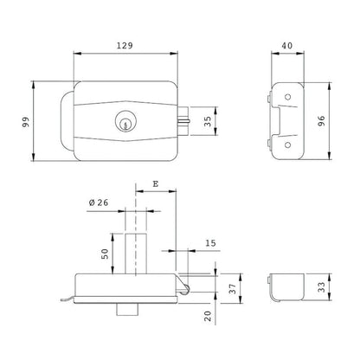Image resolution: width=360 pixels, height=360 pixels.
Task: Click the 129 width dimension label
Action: coord(125,46)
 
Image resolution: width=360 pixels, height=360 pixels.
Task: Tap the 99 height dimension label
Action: coord(26,122)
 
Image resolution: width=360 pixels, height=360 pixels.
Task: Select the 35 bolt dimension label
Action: coord(208,121)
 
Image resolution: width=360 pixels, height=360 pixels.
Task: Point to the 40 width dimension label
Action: coord(287,46)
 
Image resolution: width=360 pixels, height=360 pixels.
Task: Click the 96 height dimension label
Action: coord(321,120)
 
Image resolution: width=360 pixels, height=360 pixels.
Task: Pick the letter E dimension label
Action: coord(156,183)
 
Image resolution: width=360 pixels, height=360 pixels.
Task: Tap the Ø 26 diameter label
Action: coord(99,202)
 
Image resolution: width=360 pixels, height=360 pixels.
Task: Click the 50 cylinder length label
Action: coord(105,254)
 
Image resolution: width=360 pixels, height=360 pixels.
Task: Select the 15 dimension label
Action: coord(210,243)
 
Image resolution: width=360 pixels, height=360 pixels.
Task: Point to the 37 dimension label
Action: coord(233,289)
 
